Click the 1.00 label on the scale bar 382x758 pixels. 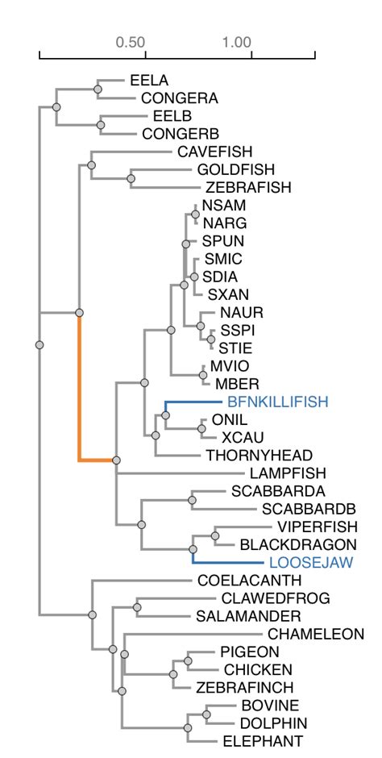pos(237,42)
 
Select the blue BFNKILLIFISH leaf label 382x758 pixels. pos(278,401)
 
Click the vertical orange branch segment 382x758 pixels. pos(79,387)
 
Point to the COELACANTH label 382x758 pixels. pos(238,580)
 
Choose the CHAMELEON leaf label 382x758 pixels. pos(316,634)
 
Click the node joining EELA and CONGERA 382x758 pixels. pos(98,90)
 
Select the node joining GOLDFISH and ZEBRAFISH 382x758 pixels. pos(131,178)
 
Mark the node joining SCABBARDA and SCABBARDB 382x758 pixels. pos(192,500)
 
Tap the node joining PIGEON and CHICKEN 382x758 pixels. pos(189,660)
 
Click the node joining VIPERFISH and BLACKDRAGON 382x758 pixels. pos(215,535)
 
